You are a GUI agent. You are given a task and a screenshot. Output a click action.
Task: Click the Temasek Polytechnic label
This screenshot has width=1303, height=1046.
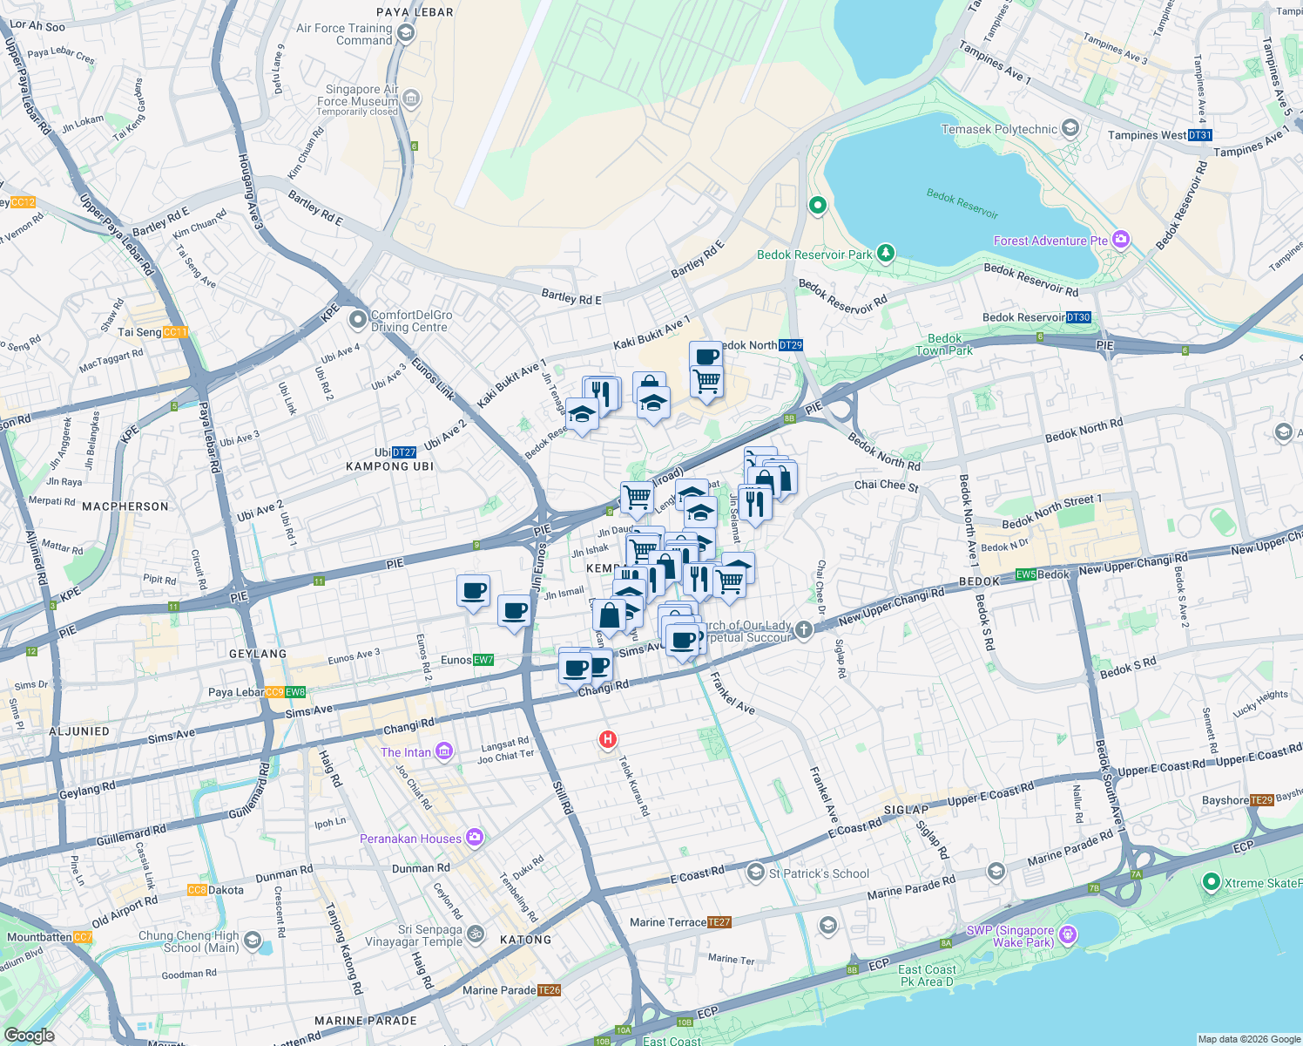pos(999,129)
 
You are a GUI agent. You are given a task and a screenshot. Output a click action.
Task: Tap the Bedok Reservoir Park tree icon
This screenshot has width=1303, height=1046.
pos(886,253)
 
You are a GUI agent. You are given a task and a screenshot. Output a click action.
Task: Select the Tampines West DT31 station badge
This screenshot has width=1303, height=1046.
pos(1199,135)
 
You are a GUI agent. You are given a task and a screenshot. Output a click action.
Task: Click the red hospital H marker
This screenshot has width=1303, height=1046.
pos(607,740)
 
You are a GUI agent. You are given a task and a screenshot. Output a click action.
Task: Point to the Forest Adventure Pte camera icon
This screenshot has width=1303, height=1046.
pos(1121,240)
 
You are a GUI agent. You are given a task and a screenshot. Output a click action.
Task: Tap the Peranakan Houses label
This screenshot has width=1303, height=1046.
pos(410,839)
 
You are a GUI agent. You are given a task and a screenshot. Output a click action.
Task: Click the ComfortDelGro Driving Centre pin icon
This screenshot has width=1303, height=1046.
pos(357,320)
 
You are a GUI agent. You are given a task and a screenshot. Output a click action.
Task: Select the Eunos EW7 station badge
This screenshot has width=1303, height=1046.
pos(483,660)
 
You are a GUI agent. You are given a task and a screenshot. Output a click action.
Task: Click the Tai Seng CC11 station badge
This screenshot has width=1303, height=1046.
pos(175,332)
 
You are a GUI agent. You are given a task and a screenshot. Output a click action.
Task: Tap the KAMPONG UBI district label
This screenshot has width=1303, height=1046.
pos(389,466)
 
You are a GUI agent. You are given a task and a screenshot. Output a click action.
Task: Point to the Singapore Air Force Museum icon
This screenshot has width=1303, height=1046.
pos(411,98)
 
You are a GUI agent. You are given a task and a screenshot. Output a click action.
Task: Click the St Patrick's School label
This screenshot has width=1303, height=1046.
pos(819,873)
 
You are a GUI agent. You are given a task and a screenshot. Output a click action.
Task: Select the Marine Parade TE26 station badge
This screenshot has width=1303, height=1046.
pos(550,990)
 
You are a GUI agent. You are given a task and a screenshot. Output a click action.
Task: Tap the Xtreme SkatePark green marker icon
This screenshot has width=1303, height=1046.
pos(1210,882)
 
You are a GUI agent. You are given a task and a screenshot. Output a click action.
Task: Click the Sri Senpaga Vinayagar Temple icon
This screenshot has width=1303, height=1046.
pos(476,934)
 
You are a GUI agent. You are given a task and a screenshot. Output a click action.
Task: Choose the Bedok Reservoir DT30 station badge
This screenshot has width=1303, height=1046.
pos(1078,317)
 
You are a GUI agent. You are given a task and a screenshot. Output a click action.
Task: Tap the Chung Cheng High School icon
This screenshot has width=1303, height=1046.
pos(252,940)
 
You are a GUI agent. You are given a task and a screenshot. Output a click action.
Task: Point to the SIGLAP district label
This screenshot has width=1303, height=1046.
pos(906,810)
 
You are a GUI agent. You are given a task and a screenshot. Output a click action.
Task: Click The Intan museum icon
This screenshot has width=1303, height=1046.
pos(444,751)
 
